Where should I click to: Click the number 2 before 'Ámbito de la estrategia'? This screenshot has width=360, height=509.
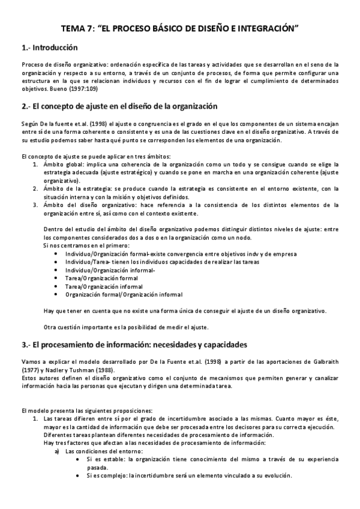36,188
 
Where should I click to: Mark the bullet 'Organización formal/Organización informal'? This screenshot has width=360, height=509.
124,295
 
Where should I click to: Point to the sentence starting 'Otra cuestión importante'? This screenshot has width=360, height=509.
126,327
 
